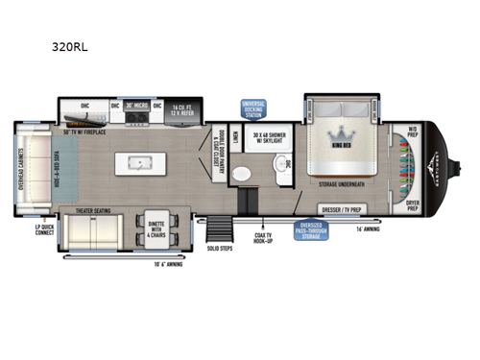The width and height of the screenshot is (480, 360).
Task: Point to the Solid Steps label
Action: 220,250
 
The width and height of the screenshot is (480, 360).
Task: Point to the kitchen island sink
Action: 152,158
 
